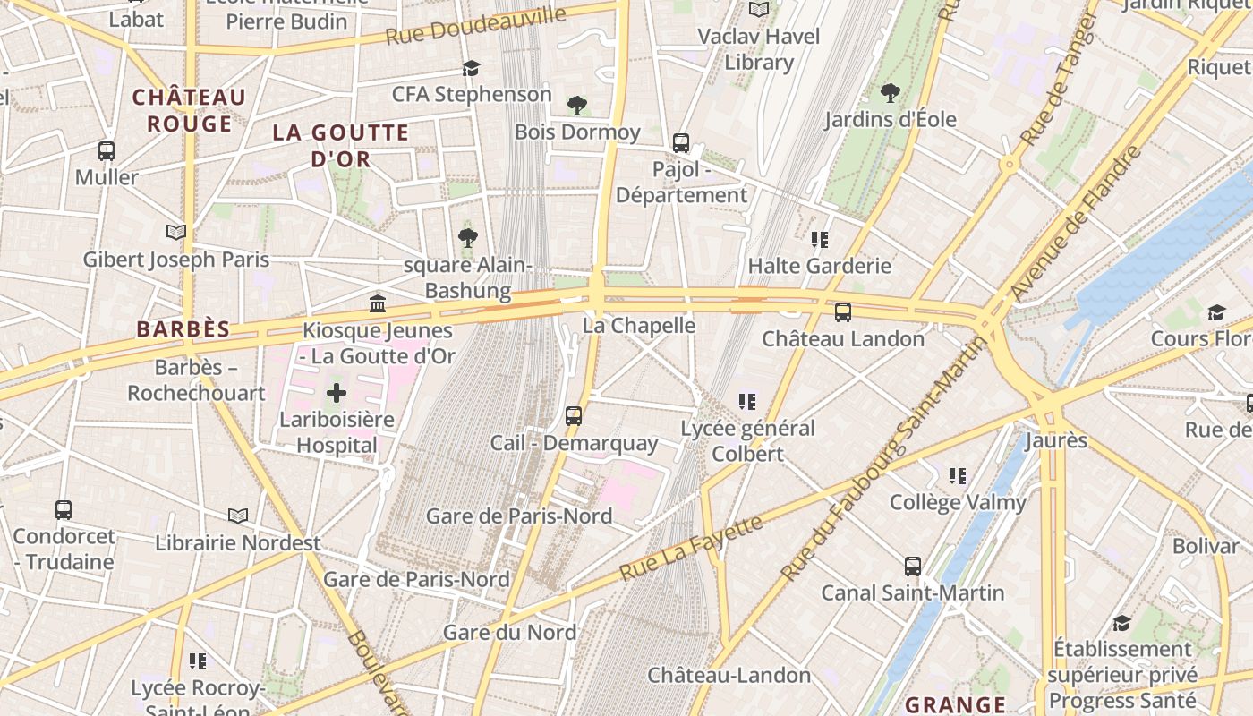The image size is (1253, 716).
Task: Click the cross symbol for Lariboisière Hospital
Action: (337, 392)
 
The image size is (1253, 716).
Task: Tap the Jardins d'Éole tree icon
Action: (890, 92)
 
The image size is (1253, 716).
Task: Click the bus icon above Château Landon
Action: (842, 312)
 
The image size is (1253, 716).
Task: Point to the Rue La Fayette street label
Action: (691, 546)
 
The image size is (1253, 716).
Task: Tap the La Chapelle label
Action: (639, 326)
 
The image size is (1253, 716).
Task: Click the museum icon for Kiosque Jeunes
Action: (378, 304)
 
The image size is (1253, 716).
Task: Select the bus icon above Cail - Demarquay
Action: (574, 416)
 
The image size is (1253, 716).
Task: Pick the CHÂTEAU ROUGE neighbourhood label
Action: (189, 110)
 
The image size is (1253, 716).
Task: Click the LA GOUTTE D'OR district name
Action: (340, 146)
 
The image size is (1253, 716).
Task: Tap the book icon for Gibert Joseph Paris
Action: (176, 233)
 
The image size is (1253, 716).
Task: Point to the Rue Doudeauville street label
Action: (476, 26)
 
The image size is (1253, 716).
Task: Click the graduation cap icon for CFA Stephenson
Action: (471, 68)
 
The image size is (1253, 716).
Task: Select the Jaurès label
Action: (1056, 440)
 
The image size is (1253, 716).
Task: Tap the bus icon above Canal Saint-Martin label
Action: (912, 567)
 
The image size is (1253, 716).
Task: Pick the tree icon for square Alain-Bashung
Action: (467, 238)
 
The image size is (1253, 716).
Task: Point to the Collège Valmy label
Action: (958, 502)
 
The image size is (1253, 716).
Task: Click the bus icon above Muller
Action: (107, 151)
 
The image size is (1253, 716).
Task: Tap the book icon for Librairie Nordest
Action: (237, 516)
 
